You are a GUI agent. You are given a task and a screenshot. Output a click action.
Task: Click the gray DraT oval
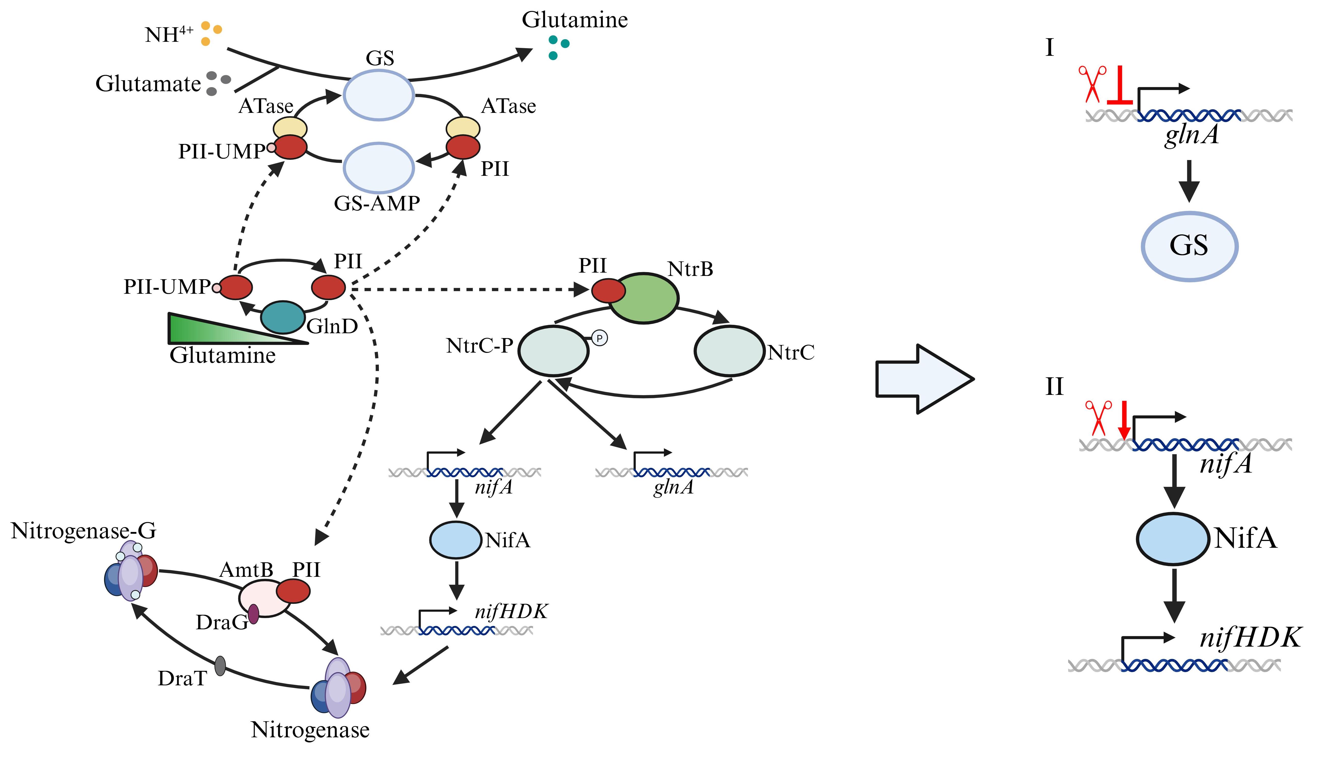(221, 665)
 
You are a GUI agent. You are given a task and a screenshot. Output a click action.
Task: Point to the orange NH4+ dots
(211, 33)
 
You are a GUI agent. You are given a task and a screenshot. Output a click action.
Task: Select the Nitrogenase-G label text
(84, 531)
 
